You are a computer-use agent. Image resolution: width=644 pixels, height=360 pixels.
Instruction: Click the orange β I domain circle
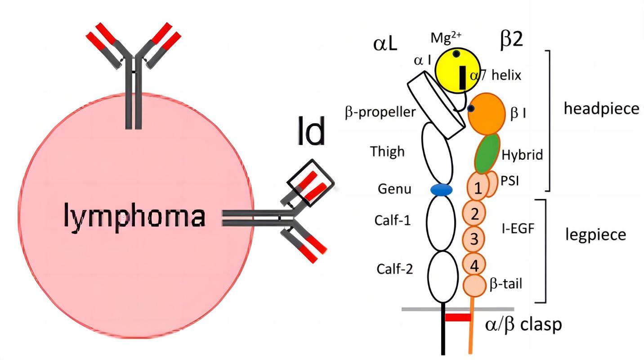486,114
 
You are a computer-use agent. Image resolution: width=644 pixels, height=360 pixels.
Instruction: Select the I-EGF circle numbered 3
474,238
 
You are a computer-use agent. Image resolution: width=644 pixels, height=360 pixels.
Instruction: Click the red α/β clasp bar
457,318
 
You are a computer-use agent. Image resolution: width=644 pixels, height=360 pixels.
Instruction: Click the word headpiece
601,108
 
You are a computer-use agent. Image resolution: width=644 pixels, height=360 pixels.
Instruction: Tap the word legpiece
595,234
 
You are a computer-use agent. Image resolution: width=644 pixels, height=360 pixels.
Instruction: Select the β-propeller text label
380,112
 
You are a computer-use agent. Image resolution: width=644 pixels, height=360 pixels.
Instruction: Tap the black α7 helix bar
462,77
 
